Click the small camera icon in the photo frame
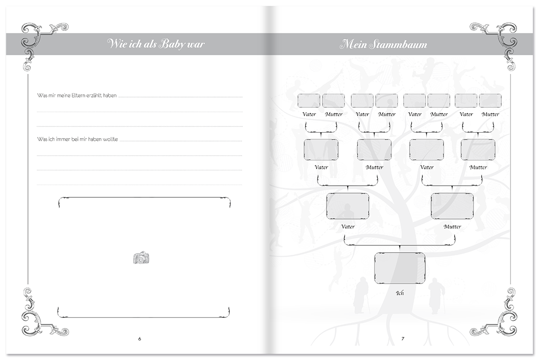141,258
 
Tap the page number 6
140,339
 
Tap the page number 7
403,339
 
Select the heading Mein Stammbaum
384,44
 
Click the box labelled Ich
400,268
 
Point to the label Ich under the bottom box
400,293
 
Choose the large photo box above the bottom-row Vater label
347,207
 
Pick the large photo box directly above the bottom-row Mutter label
452,207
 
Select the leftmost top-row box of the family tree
309,100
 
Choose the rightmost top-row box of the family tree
490,100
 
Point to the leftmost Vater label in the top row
309,115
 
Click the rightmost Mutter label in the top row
490,115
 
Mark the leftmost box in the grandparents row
321,150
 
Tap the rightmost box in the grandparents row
478,150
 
